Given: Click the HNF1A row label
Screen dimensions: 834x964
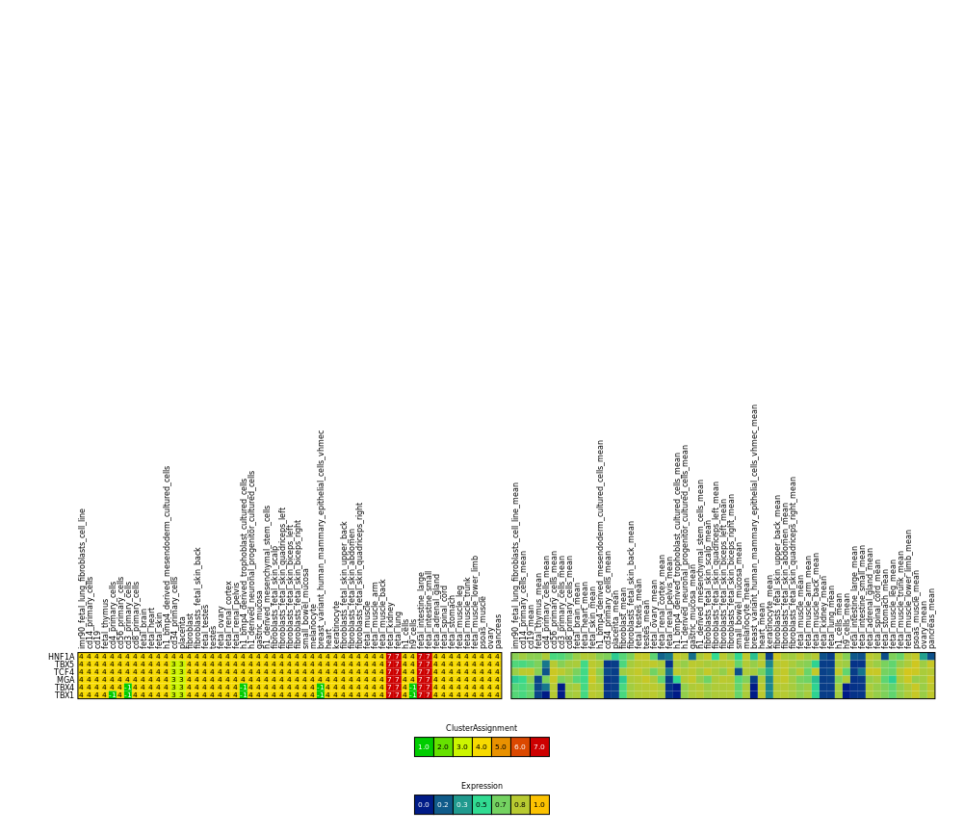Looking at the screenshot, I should tap(61, 657).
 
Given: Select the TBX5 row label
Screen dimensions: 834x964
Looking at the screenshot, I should tap(64, 665).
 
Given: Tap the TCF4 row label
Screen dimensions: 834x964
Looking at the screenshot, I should tap(64, 672).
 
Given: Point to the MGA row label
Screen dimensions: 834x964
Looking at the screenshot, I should tap(65, 680).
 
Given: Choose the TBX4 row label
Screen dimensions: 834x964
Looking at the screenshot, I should tap(64, 688).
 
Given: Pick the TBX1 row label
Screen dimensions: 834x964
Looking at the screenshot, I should tap(64, 695).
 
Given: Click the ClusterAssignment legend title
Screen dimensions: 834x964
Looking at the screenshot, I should tap(482, 728).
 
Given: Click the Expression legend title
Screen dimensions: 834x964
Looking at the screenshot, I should tap(482, 786).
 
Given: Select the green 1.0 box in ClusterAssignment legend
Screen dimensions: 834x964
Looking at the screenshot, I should tap(424, 746).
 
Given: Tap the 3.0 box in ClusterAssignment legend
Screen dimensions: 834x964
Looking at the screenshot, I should tap(462, 746).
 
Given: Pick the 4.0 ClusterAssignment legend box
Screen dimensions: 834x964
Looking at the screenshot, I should tap(482, 746).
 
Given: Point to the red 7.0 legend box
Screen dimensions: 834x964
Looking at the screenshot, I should tap(539, 746).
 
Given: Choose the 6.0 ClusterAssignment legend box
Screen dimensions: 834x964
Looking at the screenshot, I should tap(520, 746).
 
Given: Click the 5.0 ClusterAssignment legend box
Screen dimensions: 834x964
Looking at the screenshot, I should tap(501, 746).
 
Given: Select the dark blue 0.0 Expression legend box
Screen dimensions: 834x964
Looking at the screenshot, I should tap(424, 804).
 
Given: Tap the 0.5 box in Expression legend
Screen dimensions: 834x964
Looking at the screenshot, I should tap(482, 804).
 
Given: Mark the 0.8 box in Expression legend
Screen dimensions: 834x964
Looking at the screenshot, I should tap(520, 804).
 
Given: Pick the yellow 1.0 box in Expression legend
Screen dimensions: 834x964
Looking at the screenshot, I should tap(539, 804).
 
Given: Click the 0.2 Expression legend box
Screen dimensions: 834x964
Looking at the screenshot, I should tap(443, 804).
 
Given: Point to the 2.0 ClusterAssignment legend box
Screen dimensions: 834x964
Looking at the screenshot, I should tap(443, 746).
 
